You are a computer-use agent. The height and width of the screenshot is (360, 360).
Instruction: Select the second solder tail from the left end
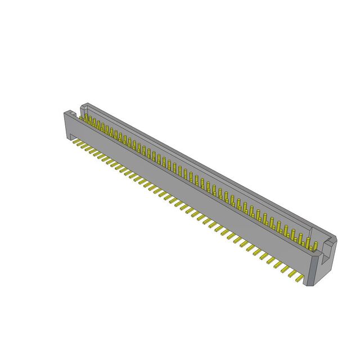[x=83, y=146]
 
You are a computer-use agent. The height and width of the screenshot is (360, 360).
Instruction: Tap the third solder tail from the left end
[x=89, y=148]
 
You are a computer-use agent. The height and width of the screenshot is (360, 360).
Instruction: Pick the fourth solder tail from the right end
[x=280, y=265]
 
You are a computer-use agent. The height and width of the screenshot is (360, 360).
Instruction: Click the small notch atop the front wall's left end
[x=75, y=112]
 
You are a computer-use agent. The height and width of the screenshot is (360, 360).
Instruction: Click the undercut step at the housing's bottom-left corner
[x=67, y=137]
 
